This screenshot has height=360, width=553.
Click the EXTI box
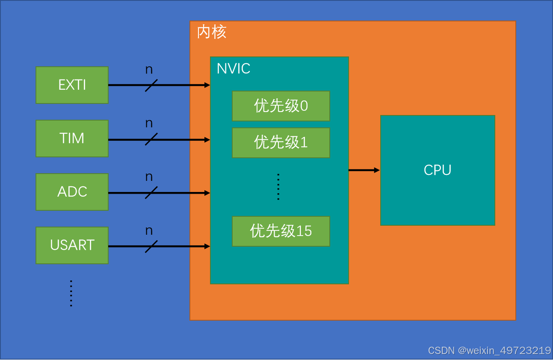pos(72,85)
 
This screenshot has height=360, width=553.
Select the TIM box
pos(72,139)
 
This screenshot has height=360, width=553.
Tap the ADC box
pos(72,192)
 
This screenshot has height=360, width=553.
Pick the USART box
pos(72,245)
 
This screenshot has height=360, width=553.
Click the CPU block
pos(438,170)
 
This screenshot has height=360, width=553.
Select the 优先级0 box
pos(281,106)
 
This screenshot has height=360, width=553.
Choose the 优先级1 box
pos(281,142)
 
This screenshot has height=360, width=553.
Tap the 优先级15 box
pos(281,231)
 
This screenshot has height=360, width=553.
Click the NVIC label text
pos(234,69)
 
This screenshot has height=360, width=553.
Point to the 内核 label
pos(212,32)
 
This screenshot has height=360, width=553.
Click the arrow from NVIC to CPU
pos(364,170)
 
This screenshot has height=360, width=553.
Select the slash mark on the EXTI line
pos(151,85)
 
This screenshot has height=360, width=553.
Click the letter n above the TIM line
pos(149,124)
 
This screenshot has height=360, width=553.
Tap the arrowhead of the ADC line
pos(207,193)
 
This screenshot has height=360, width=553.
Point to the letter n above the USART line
pos(149,231)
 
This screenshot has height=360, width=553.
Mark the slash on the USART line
pos(151,246)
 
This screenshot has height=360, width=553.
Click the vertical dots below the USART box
pos(71,293)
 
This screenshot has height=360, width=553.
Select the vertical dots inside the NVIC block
pos(278,187)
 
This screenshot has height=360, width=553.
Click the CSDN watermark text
pos(489,351)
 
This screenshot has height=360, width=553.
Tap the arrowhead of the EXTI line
pos(207,85)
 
